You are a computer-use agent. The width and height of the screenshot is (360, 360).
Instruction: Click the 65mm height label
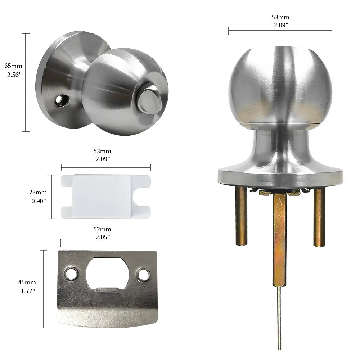pyautogui.click(x=13, y=66)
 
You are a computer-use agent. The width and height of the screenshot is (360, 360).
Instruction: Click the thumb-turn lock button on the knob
pyautogui.click(x=148, y=99)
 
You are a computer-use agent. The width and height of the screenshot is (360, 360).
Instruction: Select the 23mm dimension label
pyautogui.click(x=38, y=193)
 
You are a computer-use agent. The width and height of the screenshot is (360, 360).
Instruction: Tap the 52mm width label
pyautogui.click(x=103, y=229)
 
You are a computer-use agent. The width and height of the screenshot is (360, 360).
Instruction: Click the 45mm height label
pyautogui.click(x=27, y=282)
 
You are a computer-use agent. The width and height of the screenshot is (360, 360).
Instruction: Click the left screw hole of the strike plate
pyautogui.click(x=71, y=274)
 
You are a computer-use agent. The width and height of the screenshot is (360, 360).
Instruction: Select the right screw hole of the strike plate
pyautogui.click(x=143, y=275)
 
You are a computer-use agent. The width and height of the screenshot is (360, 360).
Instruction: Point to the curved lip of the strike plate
pyautogui.click(x=107, y=317)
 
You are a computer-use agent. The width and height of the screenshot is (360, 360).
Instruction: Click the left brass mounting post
pyautogui.click(x=241, y=216)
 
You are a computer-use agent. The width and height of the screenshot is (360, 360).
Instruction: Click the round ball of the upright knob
pyautogui.click(x=280, y=85)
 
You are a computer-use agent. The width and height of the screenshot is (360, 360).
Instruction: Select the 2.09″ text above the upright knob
pyautogui.click(x=280, y=25)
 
